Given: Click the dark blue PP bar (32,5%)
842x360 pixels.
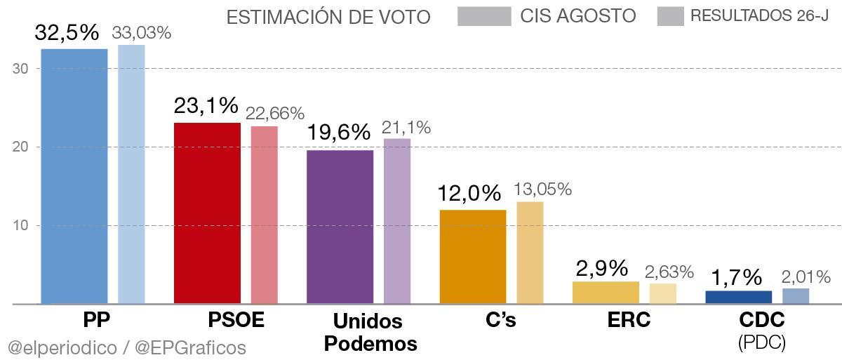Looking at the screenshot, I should coord(74,175).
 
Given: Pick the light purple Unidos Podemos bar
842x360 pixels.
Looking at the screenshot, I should coord(397,221).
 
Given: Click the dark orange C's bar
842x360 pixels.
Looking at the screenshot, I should coord(473,256).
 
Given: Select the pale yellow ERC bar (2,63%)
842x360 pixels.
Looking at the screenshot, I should coord(663,293).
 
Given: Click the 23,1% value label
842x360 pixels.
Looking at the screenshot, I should coord(206,107).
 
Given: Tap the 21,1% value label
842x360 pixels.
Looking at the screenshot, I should coord(406,127).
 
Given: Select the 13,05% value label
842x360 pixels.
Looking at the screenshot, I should coord(542,189).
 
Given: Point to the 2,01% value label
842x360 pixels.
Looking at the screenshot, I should coord(806,276).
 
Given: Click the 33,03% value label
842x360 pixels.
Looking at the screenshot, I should coord(142,32).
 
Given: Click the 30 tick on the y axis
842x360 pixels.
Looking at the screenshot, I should coord(20,69).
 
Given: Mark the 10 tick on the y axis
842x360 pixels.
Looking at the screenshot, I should coord(20,226).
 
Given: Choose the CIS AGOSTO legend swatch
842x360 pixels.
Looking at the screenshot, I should coord(484,16).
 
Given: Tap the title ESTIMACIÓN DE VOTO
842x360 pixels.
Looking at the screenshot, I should coord(328,17).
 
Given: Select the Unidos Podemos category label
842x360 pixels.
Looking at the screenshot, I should coord(375,333).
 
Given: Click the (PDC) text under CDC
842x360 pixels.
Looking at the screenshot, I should coord(761,342).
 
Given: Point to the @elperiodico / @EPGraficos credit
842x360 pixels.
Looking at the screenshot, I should coord(127,347).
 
